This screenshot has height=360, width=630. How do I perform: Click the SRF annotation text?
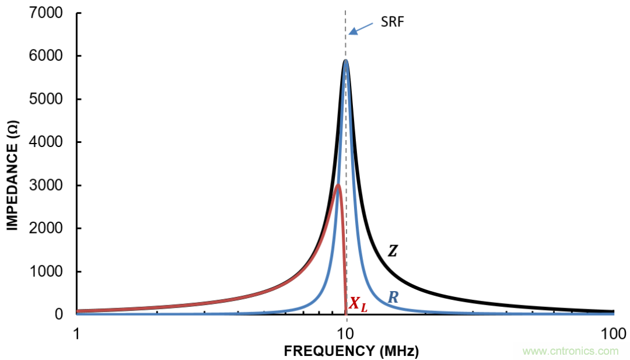[392, 23]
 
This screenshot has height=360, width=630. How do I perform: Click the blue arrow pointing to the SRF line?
[362, 29]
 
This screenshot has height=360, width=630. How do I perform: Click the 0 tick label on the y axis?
[59, 314]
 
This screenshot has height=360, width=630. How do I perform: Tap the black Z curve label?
[393, 251]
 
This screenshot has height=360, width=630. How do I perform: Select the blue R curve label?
[393, 298]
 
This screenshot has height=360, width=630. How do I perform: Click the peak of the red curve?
[338, 186]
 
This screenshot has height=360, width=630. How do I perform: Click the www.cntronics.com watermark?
[570, 351]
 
